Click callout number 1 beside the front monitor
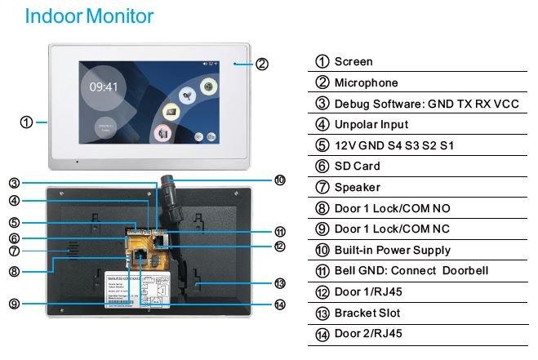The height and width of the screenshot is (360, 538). coord(26,122)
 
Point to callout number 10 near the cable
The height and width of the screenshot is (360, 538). coord(279,180)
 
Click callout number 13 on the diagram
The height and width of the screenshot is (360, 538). coord(279,283)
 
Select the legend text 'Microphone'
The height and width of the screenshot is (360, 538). coord(367,82)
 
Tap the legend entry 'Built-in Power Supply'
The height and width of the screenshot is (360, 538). coord(392,251)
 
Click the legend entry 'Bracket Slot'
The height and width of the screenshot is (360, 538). coord(367,313)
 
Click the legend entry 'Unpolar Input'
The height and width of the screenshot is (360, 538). coord(371,125)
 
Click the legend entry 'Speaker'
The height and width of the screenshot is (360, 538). coord(358,188)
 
